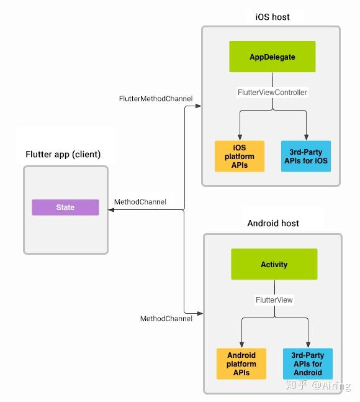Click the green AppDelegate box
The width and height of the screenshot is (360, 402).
point(272,57)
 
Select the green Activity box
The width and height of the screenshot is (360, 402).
point(274,264)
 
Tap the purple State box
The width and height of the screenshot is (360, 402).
point(65,208)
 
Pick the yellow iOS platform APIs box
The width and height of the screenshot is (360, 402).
point(240,156)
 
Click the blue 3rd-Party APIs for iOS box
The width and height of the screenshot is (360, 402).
point(305,156)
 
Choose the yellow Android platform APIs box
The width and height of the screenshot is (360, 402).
point(241,363)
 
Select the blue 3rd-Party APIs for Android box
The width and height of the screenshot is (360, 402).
point(307,363)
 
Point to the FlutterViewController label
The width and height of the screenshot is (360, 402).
point(272,92)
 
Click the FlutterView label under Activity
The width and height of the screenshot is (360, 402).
point(274,299)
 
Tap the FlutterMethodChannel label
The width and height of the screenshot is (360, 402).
point(156,98)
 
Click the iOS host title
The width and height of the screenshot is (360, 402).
point(272,17)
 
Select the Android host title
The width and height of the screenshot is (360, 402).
point(273,223)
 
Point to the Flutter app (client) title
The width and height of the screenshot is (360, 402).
point(63,154)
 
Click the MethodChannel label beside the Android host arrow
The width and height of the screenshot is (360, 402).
point(166,319)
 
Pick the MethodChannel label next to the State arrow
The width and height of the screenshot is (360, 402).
point(140,202)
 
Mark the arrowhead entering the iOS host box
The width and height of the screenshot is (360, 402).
point(198,107)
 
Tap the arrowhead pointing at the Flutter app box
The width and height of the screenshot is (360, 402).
point(112,210)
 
